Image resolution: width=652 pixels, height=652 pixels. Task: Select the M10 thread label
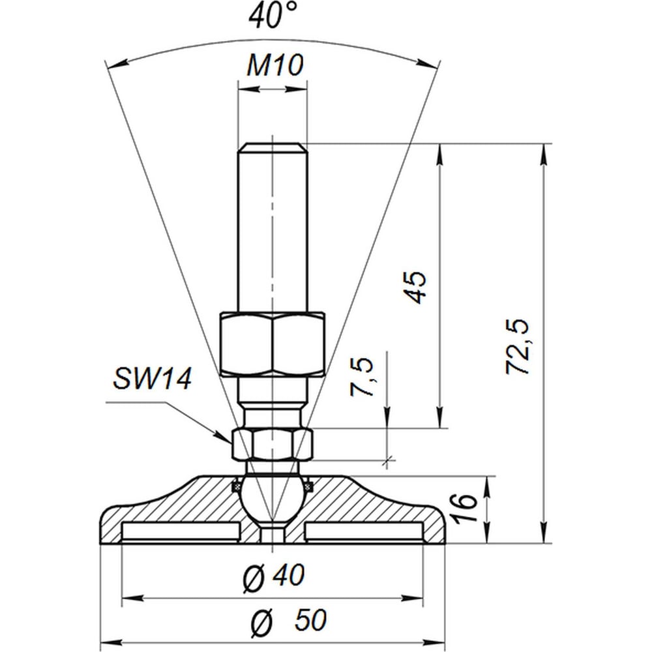(x=275, y=65)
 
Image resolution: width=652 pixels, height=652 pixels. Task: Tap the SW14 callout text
(x=152, y=378)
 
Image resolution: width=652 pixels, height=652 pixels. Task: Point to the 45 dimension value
(x=415, y=286)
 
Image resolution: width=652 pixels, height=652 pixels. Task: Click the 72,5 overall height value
(x=518, y=347)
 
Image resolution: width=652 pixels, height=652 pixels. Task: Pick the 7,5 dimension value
(x=361, y=376)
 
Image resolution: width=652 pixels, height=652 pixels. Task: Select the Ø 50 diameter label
(x=289, y=620)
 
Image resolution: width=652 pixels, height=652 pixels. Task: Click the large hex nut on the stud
(x=273, y=344)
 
